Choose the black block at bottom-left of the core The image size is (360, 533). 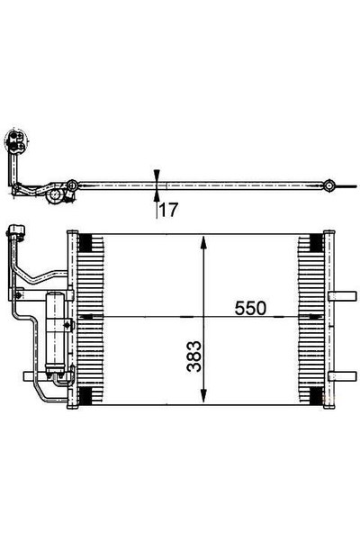(87, 396)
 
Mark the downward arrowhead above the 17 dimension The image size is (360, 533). (157, 176)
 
